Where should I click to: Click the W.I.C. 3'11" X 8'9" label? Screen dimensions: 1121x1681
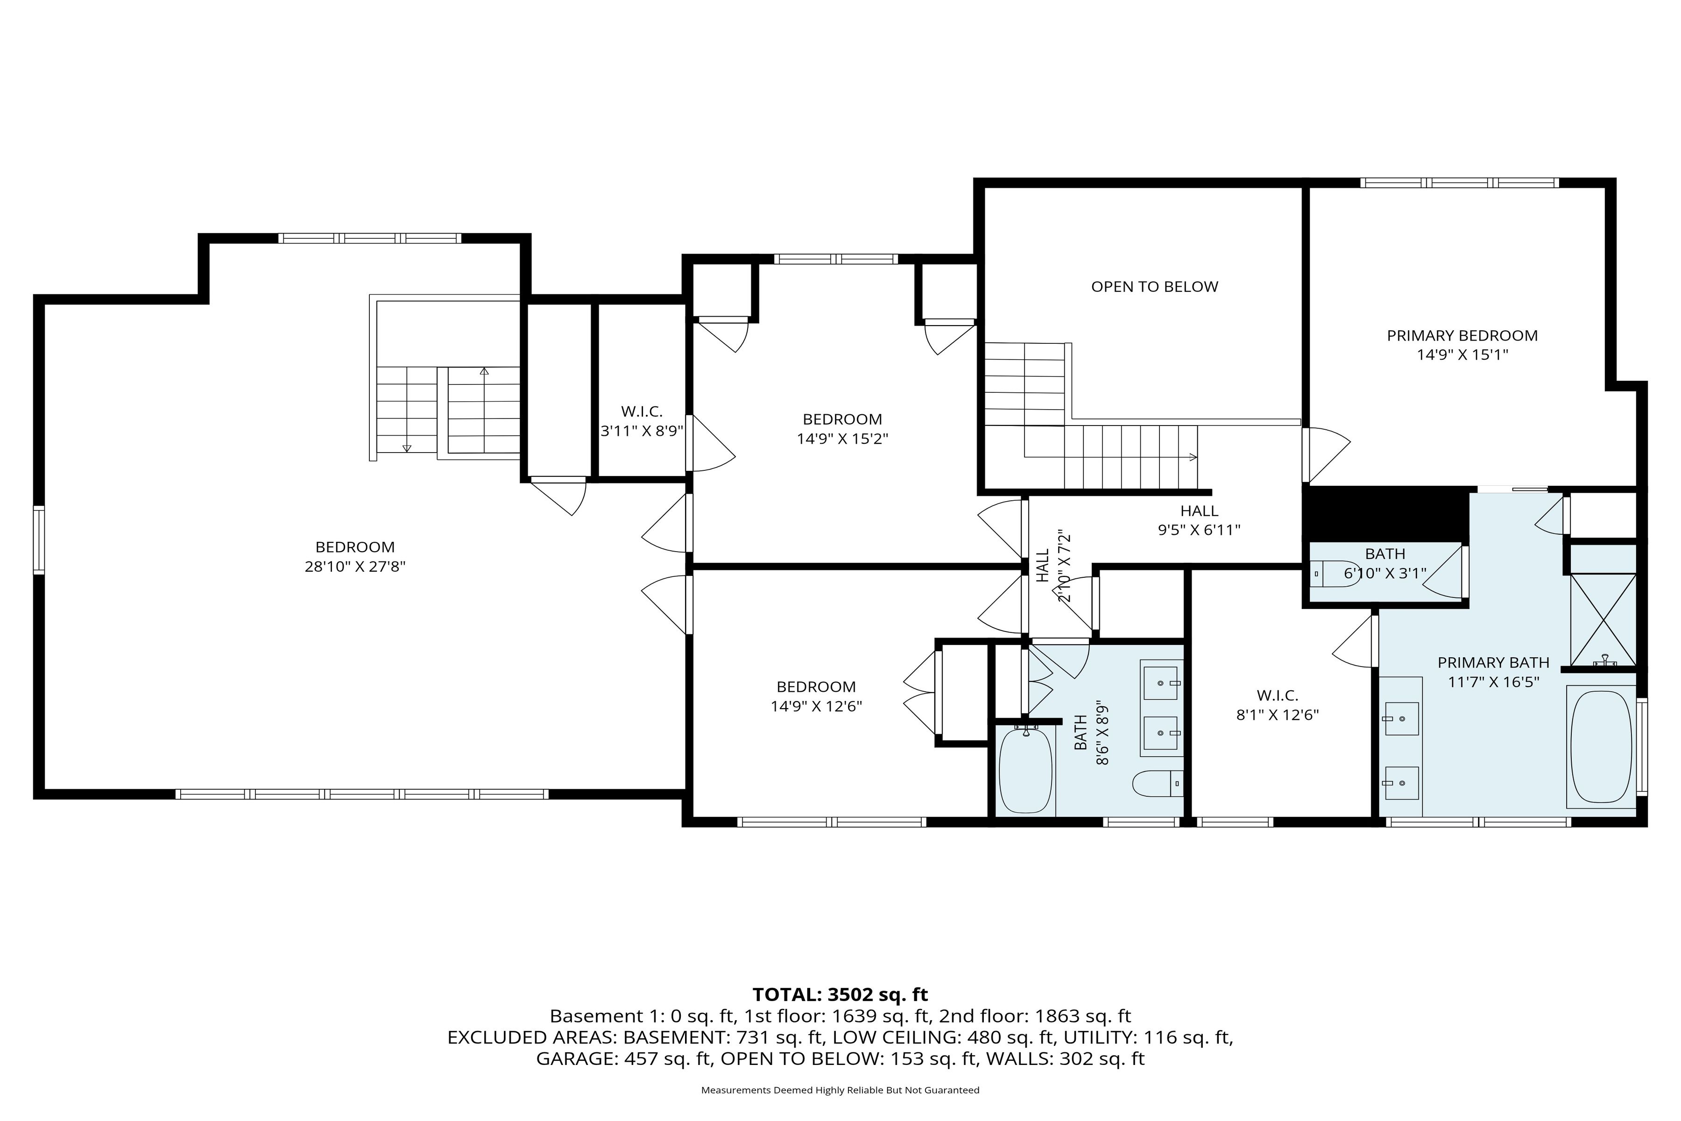point(641,421)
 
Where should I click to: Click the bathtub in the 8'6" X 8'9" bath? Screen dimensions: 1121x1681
point(1025,771)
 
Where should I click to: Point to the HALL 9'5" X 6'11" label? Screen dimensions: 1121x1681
point(1199,520)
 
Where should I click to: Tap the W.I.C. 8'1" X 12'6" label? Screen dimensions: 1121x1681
point(1277,705)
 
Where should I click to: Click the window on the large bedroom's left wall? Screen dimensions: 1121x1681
point(39,540)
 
